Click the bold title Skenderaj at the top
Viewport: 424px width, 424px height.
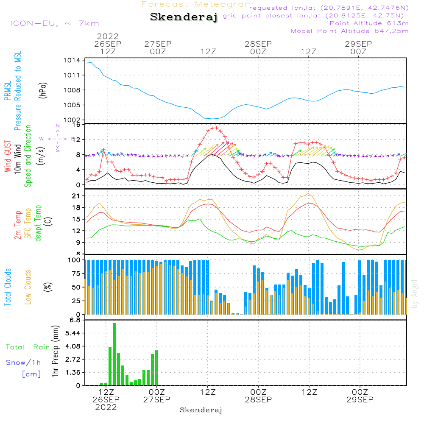point(184,17)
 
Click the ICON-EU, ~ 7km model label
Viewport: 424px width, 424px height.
point(54,23)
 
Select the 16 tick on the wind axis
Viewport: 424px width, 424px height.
point(76,125)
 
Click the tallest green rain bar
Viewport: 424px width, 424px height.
point(114,354)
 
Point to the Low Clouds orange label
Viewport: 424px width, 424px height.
point(28,287)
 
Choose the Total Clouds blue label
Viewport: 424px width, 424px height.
point(8,287)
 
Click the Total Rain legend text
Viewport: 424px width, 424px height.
point(28,347)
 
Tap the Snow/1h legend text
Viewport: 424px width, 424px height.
point(23,363)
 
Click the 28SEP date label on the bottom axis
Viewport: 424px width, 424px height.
point(258,399)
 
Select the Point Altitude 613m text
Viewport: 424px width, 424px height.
point(369,23)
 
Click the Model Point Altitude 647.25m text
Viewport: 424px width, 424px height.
point(350,31)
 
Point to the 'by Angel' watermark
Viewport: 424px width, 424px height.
point(415,293)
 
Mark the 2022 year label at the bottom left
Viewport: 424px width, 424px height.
point(106,407)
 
